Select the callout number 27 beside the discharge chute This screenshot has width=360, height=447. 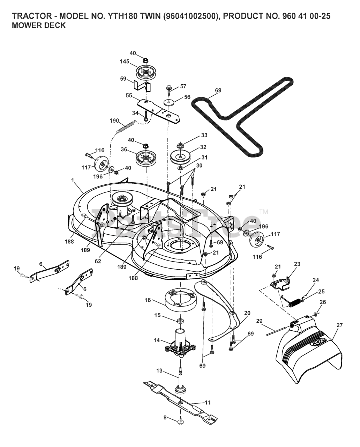click(x=339, y=325)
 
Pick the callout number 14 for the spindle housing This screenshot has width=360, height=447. click(x=157, y=340)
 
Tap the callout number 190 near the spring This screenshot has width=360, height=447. click(x=114, y=121)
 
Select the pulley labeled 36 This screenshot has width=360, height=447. click(x=146, y=156)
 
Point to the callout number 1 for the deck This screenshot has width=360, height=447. click(x=72, y=180)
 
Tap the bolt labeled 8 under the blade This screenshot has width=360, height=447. click(x=180, y=423)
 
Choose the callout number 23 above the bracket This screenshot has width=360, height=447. click(x=297, y=264)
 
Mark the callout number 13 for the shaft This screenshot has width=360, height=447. click(x=159, y=371)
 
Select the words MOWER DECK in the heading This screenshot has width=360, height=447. click(x=39, y=25)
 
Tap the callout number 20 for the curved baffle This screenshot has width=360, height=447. click(x=247, y=313)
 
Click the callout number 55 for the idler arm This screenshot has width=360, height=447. click(x=129, y=95)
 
